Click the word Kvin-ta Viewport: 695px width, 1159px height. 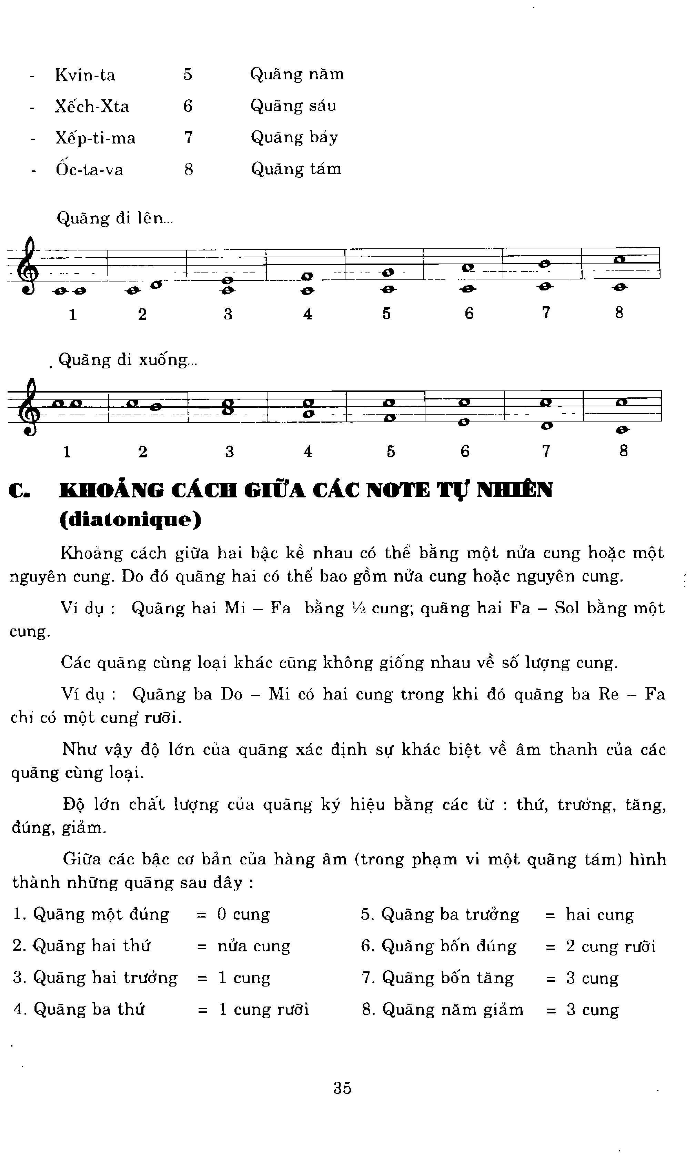tap(85, 75)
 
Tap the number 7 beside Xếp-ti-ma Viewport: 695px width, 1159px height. tap(188, 137)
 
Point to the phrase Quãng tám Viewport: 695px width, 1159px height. tap(296, 169)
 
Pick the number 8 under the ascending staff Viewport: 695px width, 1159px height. tap(619, 313)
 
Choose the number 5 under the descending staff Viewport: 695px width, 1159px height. tap(391, 451)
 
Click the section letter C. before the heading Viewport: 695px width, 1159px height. tap(20, 491)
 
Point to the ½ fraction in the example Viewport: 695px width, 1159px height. tap(361, 608)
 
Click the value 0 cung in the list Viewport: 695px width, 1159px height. tap(243, 914)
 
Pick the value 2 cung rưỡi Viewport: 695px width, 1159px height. tap(610, 946)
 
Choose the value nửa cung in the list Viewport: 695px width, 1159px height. tap(253, 946)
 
